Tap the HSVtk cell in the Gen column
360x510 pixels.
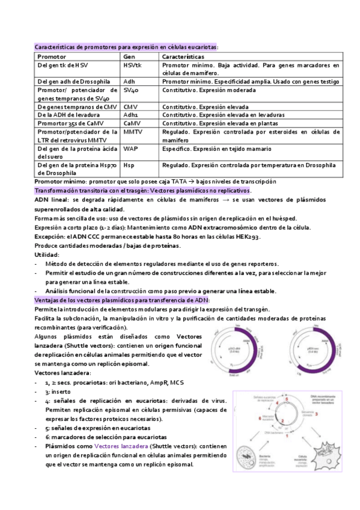point(133,64)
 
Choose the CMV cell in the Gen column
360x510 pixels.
point(130,106)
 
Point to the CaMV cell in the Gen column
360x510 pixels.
point(132,123)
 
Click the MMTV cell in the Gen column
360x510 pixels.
point(133,131)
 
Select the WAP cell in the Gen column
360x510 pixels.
point(130,147)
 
